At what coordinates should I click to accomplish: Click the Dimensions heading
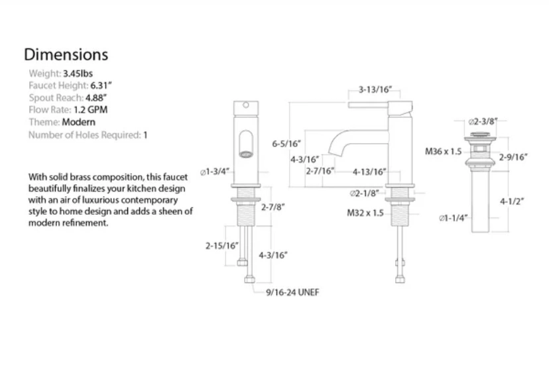(66, 54)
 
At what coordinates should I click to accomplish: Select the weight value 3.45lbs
(78, 74)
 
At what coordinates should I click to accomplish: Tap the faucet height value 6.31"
(101, 85)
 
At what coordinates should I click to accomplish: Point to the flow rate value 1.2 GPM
(90, 110)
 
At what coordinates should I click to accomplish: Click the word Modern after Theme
(78, 122)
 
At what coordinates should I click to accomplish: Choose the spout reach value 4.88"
(96, 97)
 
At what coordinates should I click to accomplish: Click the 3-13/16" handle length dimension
(375, 89)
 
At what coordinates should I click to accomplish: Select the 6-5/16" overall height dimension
(286, 143)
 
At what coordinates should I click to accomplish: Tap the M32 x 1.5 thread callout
(365, 213)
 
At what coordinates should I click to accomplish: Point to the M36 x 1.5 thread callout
(444, 152)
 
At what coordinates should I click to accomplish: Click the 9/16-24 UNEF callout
(292, 292)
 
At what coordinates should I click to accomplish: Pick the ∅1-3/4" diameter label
(215, 172)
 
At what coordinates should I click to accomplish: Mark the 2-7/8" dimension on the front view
(273, 207)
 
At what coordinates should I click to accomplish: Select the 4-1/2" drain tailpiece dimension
(511, 201)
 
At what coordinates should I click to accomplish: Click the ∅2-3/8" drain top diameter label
(483, 121)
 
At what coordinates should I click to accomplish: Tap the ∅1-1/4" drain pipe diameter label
(454, 218)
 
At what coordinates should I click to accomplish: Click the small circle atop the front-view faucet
(246, 105)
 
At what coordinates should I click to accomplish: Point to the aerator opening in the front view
(245, 154)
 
